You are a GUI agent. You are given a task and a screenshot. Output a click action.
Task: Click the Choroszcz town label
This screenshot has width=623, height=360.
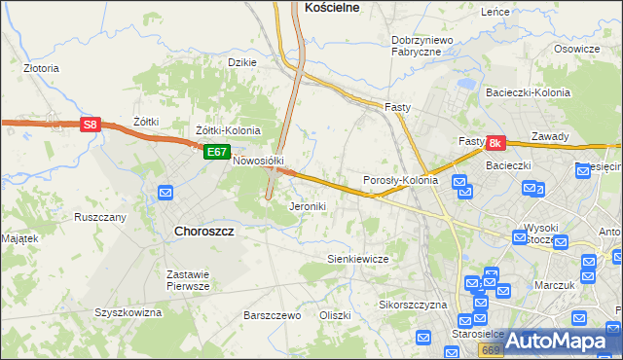pyautogui.click(x=204, y=231)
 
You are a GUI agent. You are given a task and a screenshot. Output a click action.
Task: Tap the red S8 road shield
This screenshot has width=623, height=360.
pyautogui.click(x=90, y=125)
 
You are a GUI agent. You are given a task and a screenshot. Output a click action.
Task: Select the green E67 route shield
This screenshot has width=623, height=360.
pyautogui.click(x=216, y=152)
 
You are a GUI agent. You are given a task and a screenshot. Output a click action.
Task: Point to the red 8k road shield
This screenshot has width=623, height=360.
pyautogui.click(x=495, y=143)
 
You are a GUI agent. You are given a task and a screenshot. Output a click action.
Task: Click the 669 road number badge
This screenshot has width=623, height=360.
pyautogui.click(x=492, y=349)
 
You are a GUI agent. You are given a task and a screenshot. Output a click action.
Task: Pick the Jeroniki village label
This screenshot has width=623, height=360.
pyautogui.click(x=308, y=206)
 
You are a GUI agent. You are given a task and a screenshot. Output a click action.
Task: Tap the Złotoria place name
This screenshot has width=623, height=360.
pyautogui.click(x=42, y=69)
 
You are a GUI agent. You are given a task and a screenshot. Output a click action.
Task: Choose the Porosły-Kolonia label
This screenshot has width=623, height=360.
pyautogui.click(x=400, y=180)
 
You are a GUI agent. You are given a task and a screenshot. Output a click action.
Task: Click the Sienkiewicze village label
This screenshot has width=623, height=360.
pyautogui.click(x=358, y=259)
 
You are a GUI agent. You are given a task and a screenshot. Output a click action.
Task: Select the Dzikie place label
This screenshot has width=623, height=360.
pyautogui.click(x=241, y=62)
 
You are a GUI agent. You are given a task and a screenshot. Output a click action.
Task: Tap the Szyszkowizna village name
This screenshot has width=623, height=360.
pyautogui.click(x=128, y=312)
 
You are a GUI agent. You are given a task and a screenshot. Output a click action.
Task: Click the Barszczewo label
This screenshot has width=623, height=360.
pyautogui.click(x=273, y=315)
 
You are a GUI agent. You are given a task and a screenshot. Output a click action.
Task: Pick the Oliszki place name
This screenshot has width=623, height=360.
pyautogui.click(x=334, y=315)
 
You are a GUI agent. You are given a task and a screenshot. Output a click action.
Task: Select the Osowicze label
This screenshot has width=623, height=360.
pyautogui.click(x=576, y=49)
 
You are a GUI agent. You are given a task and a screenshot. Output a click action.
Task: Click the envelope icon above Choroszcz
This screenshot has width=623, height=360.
pyautogui.click(x=166, y=193)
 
